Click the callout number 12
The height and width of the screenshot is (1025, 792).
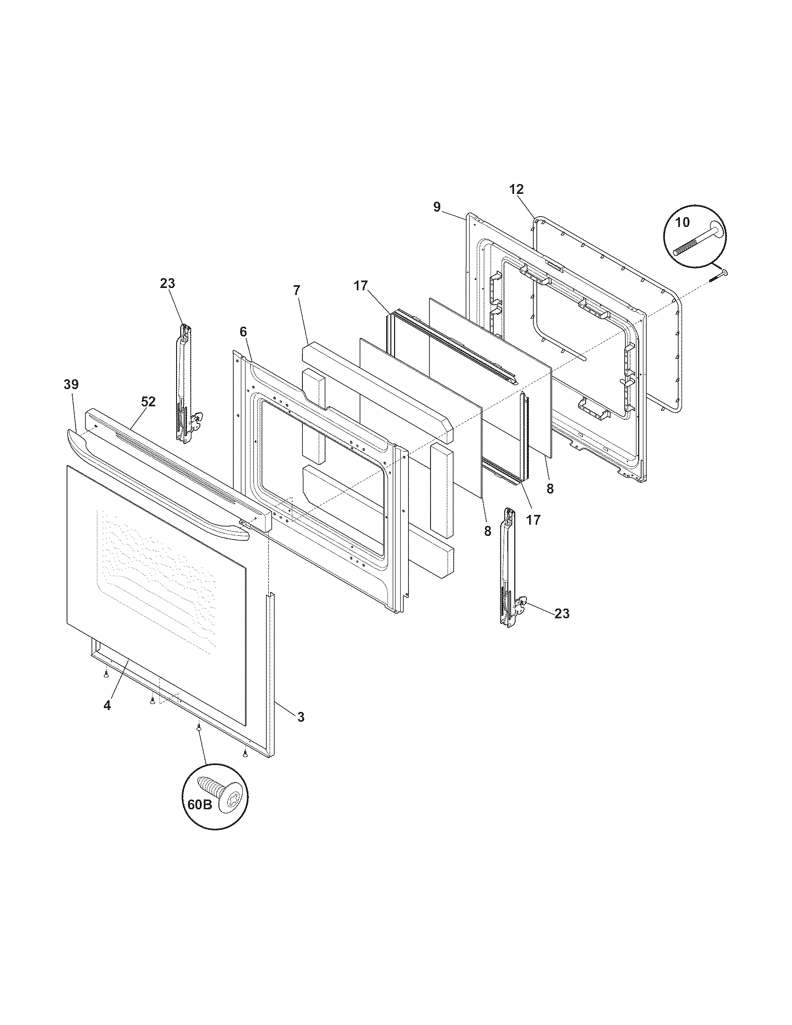pyautogui.click(x=516, y=190)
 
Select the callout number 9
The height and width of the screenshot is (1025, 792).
pyautogui.click(x=437, y=207)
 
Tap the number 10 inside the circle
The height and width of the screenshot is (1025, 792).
pyautogui.click(x=683, y=222)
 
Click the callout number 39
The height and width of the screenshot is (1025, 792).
pyautogui.click(x=71, y=384)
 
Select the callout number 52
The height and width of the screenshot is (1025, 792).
pyautogui.click(x=148, y=402)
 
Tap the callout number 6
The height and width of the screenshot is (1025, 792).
pyautogui.click(x=243, y=332)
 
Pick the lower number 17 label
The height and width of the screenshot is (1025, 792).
pyautogui.click(x=533, y=519)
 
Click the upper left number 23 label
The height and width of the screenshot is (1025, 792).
pyautogui.click(x=167, y=283)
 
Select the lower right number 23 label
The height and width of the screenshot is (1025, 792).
pyautogui.click(x=562, y=614)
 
